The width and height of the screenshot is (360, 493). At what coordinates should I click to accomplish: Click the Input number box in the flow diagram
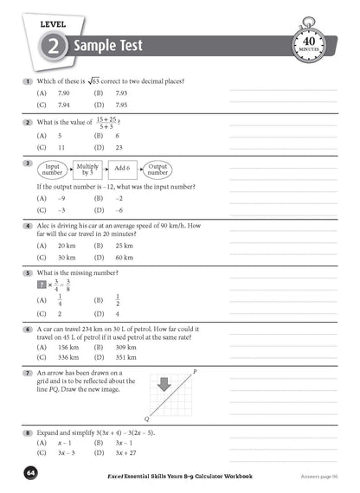coord(51,170)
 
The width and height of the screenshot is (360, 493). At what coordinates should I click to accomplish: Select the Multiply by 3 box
coord(87,170)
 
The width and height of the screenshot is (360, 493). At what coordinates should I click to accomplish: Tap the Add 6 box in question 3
coord(122,170)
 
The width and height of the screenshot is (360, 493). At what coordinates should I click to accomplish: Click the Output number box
coord(157,170)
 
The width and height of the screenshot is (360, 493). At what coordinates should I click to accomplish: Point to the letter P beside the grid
coord(195,371)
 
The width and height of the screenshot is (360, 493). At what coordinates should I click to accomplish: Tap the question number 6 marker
coord(29,330)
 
